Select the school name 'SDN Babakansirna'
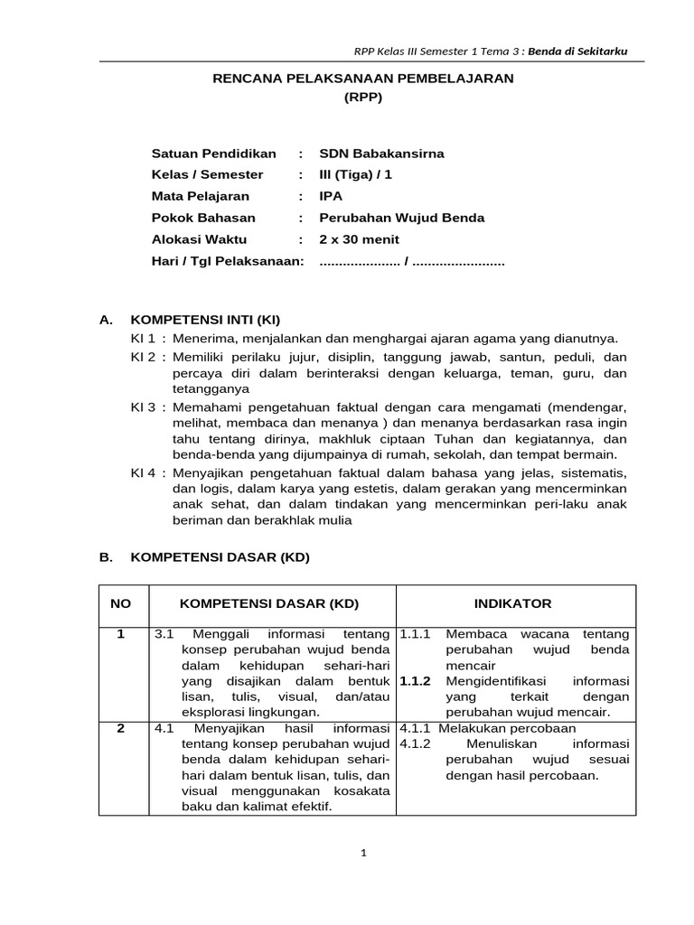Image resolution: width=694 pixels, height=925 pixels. click(x=381, y=154)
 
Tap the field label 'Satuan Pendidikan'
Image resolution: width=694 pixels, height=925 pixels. click(x=214, y=154)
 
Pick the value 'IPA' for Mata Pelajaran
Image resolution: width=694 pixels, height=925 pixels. click(x=332, y=196)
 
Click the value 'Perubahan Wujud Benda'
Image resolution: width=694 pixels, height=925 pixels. click(x=402, y=218)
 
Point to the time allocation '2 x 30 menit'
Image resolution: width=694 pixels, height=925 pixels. click(x=359, y=239)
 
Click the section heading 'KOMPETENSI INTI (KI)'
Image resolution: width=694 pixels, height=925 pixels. click(x=207, y=320)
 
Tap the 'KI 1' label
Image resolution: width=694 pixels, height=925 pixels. click(x=145, y=339)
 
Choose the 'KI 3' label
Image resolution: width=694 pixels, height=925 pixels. click(x=145, y=407)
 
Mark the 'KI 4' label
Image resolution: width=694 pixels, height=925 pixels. click(x=145, y=472)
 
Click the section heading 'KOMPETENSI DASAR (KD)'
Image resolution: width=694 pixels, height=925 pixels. click(x=220, y=557)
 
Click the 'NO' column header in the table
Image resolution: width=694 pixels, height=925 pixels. click(x=120, y=603)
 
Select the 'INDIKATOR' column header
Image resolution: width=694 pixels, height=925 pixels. click(x=512, y=603)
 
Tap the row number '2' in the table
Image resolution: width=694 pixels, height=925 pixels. click(x=120, y=728)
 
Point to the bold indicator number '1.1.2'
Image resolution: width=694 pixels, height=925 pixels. click(x=416, y=680)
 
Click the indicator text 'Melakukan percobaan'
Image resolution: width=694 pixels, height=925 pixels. click(x=507, y=728)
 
